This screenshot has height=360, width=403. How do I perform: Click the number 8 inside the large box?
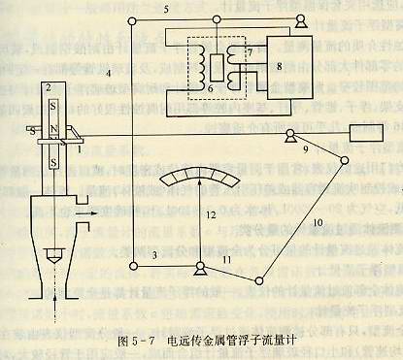[279, 67]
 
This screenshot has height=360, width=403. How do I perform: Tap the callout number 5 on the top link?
[166, 10]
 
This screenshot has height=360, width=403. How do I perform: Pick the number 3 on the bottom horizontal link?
[152, 254]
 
